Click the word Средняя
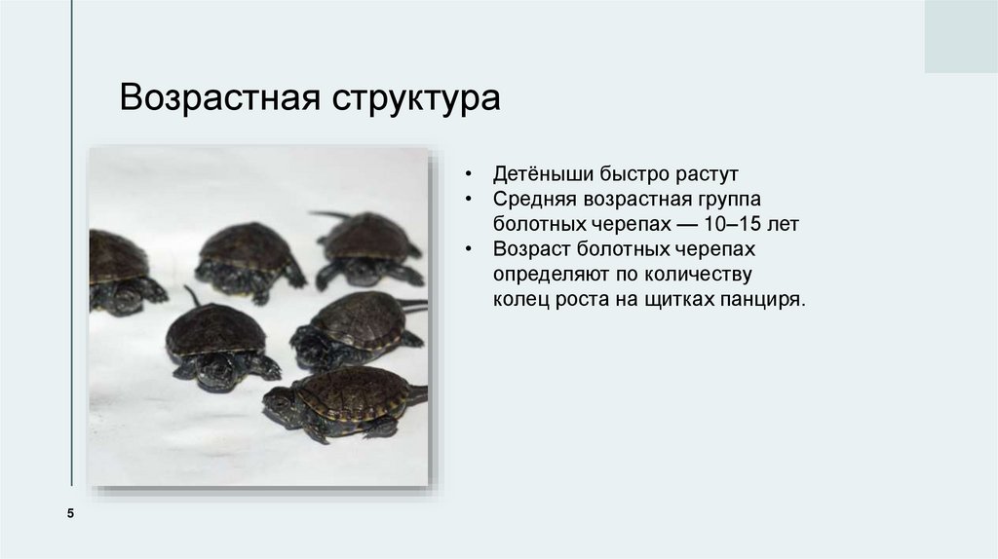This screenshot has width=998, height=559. tap(534, 200)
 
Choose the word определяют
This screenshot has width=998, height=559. tap(550, 275)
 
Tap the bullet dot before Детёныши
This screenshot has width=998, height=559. tap(470, 176)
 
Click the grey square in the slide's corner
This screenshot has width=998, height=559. tap(960, 36)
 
